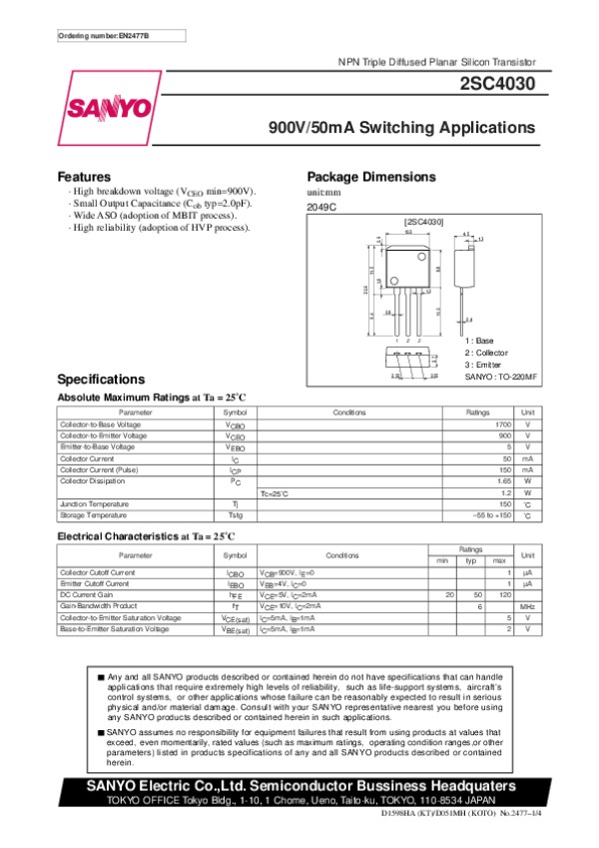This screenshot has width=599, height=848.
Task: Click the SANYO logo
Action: pos(109,108)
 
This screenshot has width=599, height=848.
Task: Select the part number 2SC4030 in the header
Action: pos(496,86)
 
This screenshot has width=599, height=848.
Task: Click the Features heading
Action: pos(84,176)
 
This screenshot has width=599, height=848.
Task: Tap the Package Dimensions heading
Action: pos(371,176)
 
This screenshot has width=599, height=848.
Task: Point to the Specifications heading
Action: pos(102,380)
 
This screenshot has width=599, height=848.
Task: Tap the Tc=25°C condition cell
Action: pos(275,492)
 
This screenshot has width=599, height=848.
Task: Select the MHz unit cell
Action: pos(527,606)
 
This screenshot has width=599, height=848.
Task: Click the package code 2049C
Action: pos(322,207)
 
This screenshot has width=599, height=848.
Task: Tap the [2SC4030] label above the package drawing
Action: pos(423,220)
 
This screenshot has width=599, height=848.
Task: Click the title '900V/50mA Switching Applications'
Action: pos(402,129)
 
